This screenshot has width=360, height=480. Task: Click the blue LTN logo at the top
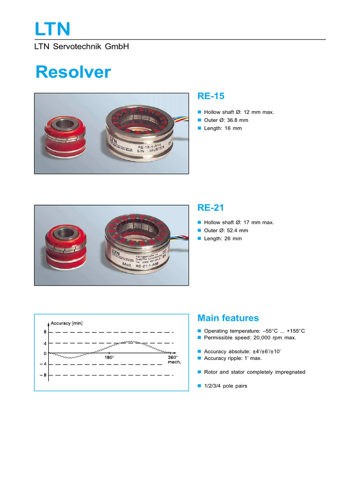52,29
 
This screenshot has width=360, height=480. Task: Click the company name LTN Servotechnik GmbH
82,46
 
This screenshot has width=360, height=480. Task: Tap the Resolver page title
74,72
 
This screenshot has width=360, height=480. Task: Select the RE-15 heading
211,96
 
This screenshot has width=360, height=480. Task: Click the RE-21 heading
211,207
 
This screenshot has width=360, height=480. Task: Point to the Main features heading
228,318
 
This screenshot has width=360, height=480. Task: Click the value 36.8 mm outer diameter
237,120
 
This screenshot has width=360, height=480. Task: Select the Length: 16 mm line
223,128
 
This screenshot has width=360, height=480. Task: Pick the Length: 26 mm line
223,239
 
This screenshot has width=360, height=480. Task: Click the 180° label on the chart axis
109,357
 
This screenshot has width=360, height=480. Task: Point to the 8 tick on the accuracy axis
45,332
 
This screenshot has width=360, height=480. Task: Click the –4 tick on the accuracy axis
43,364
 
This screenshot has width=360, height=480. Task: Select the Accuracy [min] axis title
67,322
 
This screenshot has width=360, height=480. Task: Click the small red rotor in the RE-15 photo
64,131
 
